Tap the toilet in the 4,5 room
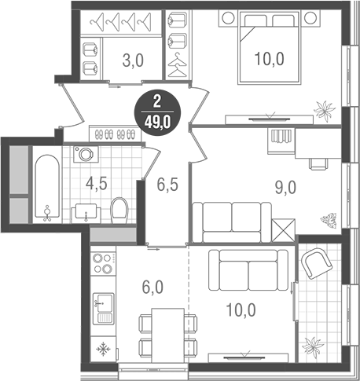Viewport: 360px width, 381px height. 119,210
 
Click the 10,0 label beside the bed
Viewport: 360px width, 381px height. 267,57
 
